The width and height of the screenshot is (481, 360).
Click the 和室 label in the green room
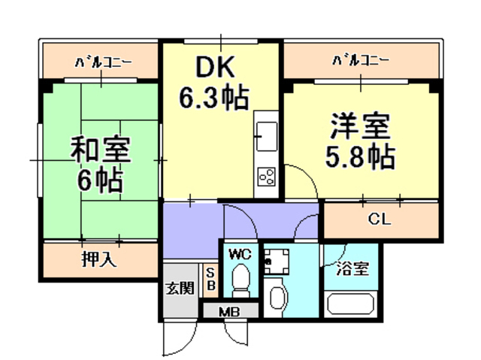point(100,149)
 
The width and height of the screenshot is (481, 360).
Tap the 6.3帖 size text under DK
point(214,98)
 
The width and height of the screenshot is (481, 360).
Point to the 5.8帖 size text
point(360,157)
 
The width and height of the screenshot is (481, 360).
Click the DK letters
point(216,68)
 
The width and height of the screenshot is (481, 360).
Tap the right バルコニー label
point(361,59)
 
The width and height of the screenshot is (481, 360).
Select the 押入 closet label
point(98,261)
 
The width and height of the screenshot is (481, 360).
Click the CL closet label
point(380,221)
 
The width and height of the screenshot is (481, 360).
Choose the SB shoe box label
point(211,279)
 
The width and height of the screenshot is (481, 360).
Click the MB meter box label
point(229,311)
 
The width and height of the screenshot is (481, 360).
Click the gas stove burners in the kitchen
point(266,177)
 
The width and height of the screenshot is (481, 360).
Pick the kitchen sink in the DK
point(265,137)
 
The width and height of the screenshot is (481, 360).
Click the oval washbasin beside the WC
point(275,296)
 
